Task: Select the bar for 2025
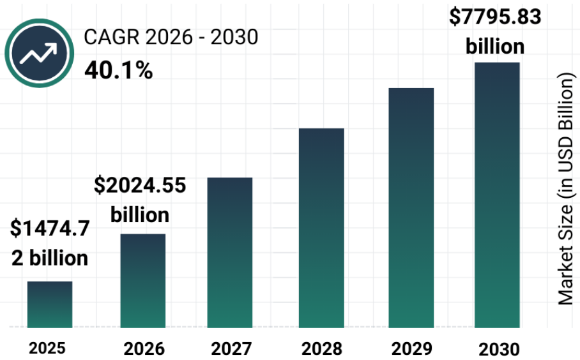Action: (x=49, y=304)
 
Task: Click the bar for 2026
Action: (x=143, y=281)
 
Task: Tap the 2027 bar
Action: (x=230, y=252)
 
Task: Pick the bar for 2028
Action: (x=322, y=228)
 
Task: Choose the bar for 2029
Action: (x=411, y=207)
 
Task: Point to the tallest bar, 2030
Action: (x=497, y=195)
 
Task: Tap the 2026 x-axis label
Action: (x=144, y=349)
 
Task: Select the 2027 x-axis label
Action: (x=231, y=349)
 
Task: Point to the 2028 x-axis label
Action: (x=322, y=349)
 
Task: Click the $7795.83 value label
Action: (x=495, y=17)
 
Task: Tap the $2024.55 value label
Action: (x=140, y=186)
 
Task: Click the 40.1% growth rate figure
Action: (x=118, y=70)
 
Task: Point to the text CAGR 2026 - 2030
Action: (x=171, y=38)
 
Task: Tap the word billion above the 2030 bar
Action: (x=495, y=46)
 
